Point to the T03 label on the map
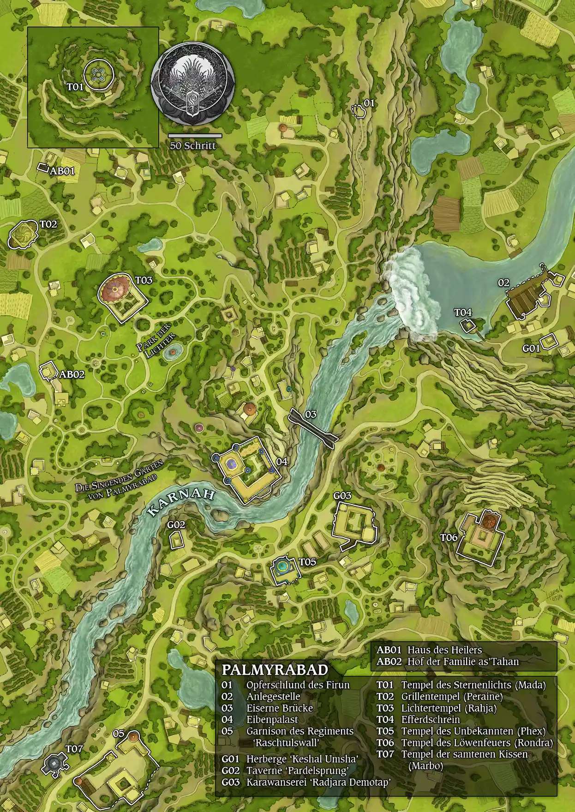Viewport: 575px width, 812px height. point(144,280)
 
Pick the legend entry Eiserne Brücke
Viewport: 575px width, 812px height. point(279,708)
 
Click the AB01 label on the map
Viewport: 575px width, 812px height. point(62,171)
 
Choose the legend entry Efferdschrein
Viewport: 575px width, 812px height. point(431,720)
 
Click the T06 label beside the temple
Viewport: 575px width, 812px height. point(448,537)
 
